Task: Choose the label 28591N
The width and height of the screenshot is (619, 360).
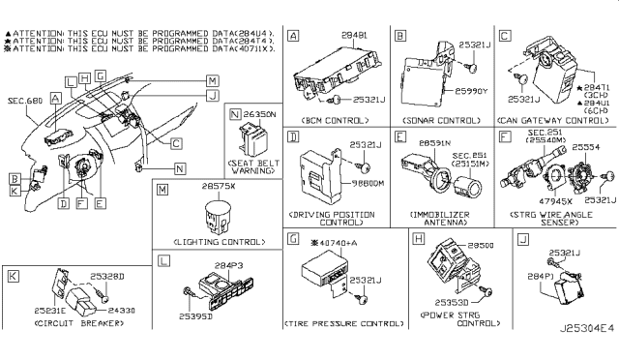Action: click(x=430, y=143)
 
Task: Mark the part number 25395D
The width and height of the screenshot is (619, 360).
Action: click(x=195, y=315)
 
